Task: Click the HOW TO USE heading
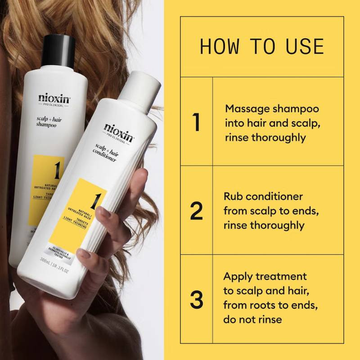point(261,47)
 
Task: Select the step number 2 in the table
point(196,211)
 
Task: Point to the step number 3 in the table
point(196,300)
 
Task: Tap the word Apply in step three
point(239,276)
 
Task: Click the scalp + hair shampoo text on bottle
point(46,123)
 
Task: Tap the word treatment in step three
point(285,276)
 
